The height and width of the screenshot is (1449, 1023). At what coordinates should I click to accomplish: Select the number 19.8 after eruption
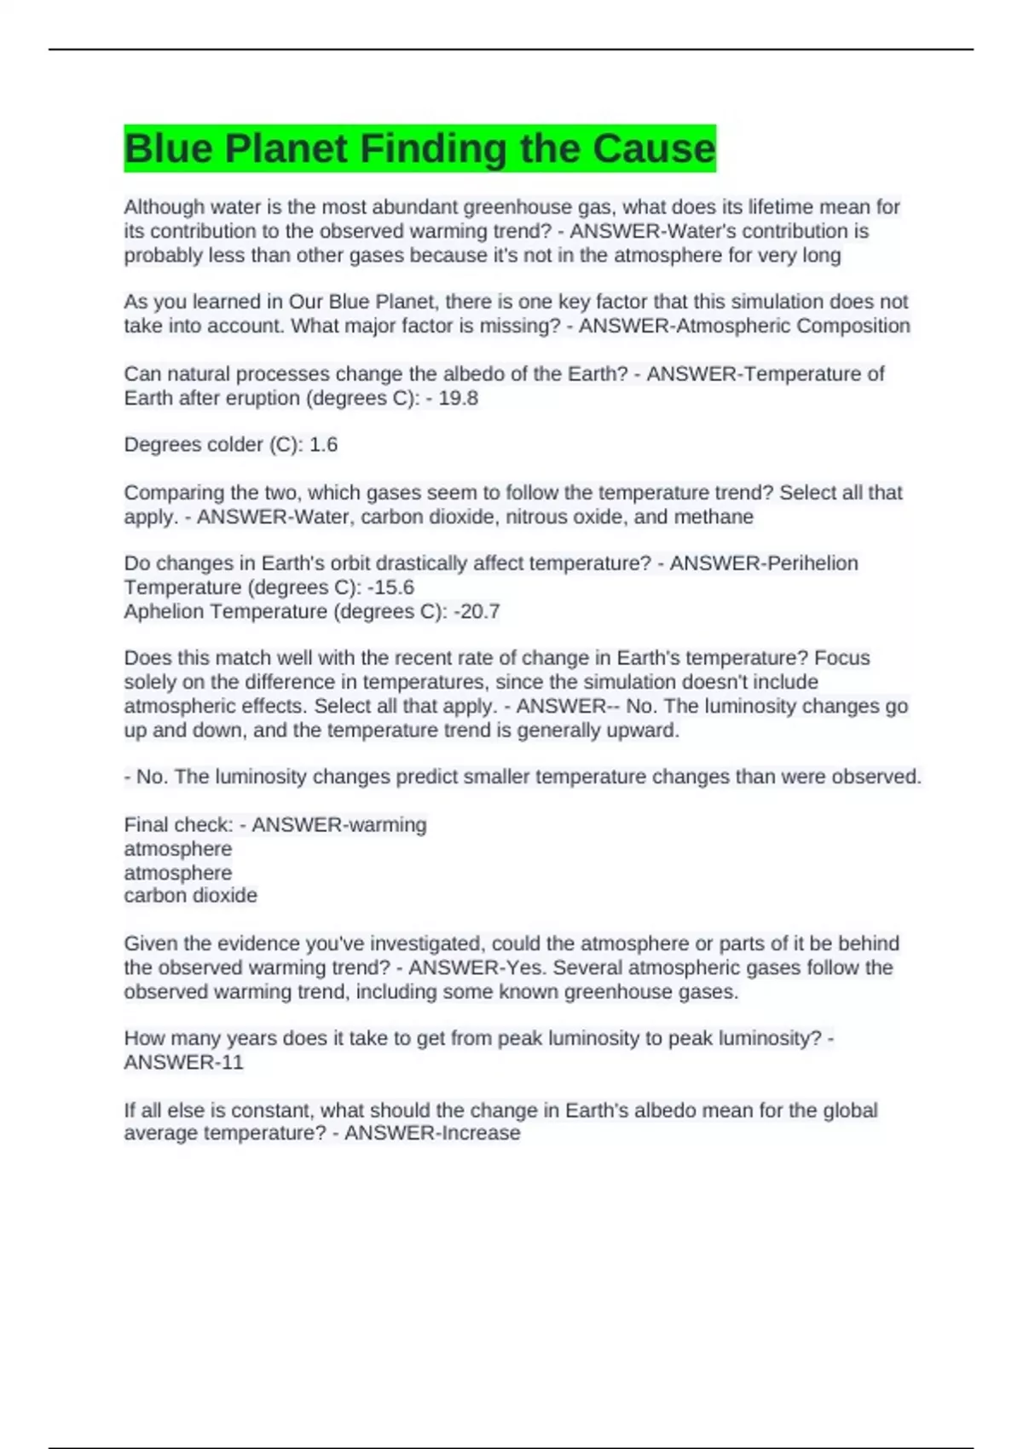[458, 398]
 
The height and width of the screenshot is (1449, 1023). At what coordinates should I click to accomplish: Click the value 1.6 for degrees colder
[323, 445]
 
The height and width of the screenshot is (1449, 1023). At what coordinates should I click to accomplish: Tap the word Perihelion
[806, 563]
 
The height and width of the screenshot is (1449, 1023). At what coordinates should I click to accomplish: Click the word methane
[714, 517]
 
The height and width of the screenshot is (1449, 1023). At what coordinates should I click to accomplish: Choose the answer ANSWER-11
[183, 1062]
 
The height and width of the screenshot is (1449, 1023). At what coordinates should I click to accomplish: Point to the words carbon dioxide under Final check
[190, 896]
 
